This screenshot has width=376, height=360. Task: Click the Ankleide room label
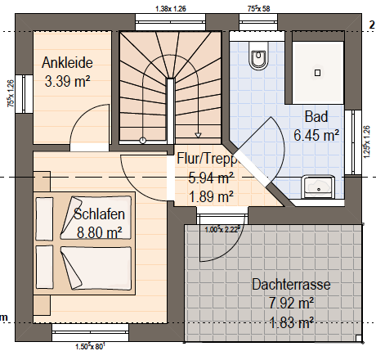[x=67, y=63]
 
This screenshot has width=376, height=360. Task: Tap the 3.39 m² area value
[x=67, y=81]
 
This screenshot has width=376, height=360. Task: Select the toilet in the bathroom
[x=258, y=56]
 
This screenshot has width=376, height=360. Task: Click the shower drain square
[x=317, y=73]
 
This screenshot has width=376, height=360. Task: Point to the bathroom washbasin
[x=318, y=187]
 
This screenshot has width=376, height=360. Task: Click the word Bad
[x=316, y=117]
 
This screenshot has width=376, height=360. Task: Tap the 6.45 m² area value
[x=316, y=135]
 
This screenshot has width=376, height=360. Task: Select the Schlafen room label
[x=99, y=214]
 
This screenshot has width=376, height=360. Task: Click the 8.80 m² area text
[x=99, y=232]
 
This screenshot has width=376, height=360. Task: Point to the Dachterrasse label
[x=291, y=285]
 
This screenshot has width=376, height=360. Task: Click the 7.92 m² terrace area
[x=291, y=303]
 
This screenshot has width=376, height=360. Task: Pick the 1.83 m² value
[x=291, y=322]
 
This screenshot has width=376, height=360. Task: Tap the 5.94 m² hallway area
[x=211, y=178]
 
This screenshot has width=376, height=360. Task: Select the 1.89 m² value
[x=211, y=196]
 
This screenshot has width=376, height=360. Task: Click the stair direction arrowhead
[x=198, y=135]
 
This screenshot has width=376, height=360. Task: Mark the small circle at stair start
[x=142, y=141]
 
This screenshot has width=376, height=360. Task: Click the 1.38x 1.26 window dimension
[x=171, y=9]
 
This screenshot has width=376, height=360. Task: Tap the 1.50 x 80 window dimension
[x=90, y=347]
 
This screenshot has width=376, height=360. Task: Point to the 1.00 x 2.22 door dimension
[x=222, y=230]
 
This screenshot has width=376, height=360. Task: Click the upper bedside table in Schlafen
[x=42, y=182]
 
